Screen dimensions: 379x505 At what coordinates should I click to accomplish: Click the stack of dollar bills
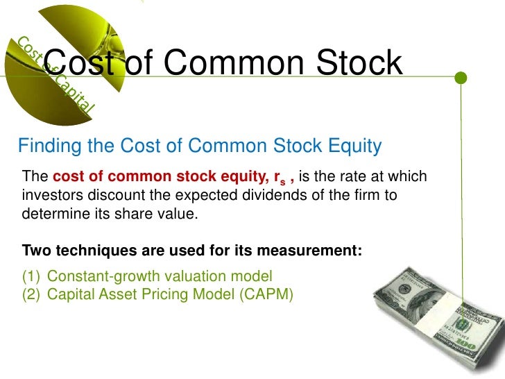434,319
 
